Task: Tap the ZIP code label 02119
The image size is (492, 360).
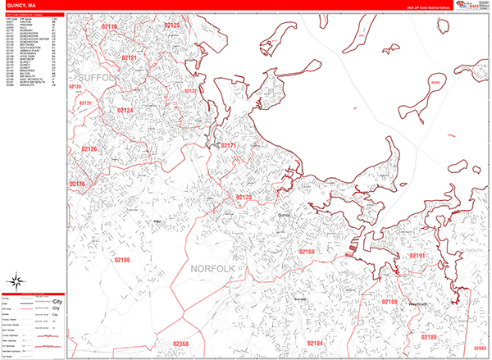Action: pos(108,28)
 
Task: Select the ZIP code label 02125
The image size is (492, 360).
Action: pos(173,25)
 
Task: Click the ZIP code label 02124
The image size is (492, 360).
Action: pos(125,110)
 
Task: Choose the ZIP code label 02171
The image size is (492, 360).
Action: pos(228,145)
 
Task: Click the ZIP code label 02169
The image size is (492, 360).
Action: pos(306,251)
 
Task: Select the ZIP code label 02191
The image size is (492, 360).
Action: pos(418,257)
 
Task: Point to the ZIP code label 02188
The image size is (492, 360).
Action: pos(389,302)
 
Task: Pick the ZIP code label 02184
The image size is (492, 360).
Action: pos(316,342)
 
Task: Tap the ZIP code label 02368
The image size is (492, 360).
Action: pos(180,344)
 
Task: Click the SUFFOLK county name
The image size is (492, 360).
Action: pos(100,77)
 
